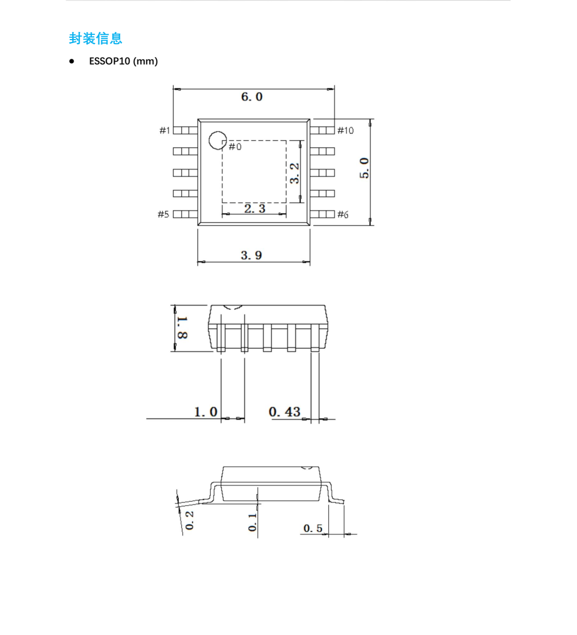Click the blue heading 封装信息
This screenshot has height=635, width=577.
(95, 38)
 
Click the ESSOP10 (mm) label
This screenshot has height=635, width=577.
(123, 61)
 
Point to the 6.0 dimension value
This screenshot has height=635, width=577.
(252, 97)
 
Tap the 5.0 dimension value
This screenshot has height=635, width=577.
(364, 168)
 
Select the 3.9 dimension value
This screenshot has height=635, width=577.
(252, 255)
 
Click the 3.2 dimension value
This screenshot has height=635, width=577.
(295, 173)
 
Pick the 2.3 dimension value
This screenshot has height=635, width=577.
(255, 208)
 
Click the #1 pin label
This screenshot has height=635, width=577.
(165, 130)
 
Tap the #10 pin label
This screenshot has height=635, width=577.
(346, 130)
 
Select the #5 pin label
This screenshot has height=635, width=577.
(163, 214)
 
